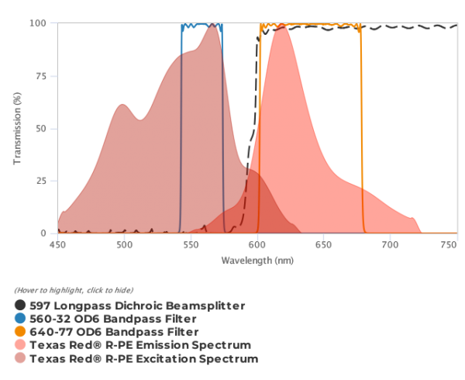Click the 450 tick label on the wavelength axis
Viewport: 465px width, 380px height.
coord(57,245)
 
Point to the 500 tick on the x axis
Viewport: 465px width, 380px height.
coord(124,245)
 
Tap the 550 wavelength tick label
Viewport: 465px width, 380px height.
coord(191,245)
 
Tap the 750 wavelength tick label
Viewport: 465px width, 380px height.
coord(449,245)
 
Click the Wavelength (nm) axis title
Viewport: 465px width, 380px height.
coord(257,261)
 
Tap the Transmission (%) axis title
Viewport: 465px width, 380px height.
coord(17,128)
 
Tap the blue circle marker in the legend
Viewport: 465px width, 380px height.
coord(20,319)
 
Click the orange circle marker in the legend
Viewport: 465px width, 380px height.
coord(20,332)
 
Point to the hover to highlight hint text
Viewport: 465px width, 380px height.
coord(63,290)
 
